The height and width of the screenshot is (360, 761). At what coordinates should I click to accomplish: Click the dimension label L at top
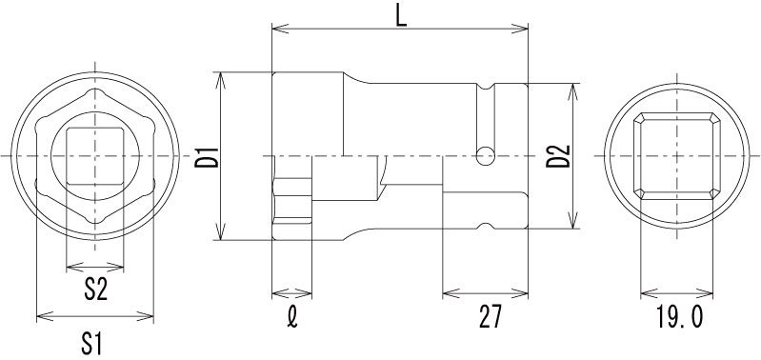(400, 17)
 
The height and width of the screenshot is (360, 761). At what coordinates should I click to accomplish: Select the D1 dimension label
(207, 156)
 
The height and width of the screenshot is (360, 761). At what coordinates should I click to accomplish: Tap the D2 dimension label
(557, 156)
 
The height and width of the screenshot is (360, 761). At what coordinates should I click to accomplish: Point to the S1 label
(91, 344)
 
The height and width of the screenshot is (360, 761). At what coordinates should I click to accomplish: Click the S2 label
(95, 290)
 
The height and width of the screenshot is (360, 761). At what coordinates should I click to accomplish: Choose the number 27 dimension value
(490, 318)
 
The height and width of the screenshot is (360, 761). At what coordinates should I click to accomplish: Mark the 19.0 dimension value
(679, 318)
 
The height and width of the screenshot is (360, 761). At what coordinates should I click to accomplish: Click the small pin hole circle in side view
(486, 156)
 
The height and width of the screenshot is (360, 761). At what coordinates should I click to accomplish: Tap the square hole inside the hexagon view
(95, 156)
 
